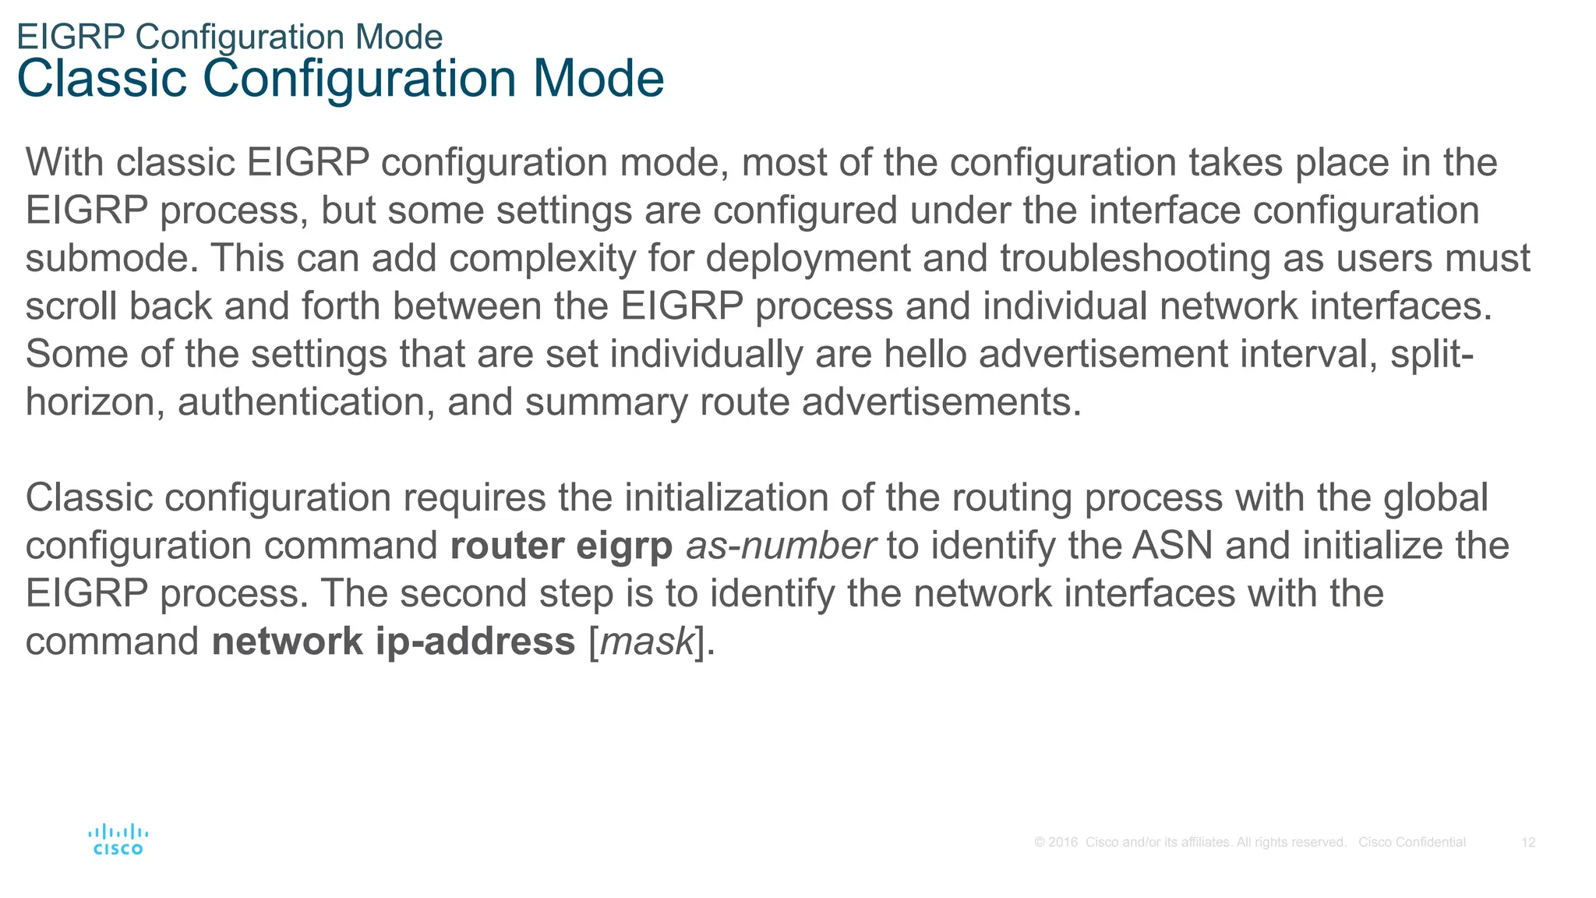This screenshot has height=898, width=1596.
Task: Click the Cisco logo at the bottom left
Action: click(x=118, y=840)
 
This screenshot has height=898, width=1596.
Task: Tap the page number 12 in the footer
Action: click(x=1527, y=842)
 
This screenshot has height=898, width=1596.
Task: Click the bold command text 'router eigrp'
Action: click(x=561, y=546)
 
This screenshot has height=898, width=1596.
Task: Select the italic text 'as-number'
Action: click(x=780, y=546)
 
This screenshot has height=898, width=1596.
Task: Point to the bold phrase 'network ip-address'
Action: click(x=393, y=642)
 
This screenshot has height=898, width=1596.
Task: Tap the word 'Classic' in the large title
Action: click(x=102, y=79)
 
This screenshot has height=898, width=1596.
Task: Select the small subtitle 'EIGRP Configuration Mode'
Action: click(x=229, y=37)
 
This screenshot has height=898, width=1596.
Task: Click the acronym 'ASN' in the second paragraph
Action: click(x=1172, y=546)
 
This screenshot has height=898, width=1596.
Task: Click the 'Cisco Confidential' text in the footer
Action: click(x=1411, y=842)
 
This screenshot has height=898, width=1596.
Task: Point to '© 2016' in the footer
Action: click(x=1055, y=842)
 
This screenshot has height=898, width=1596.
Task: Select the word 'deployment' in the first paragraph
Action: click(x=807, y=258)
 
